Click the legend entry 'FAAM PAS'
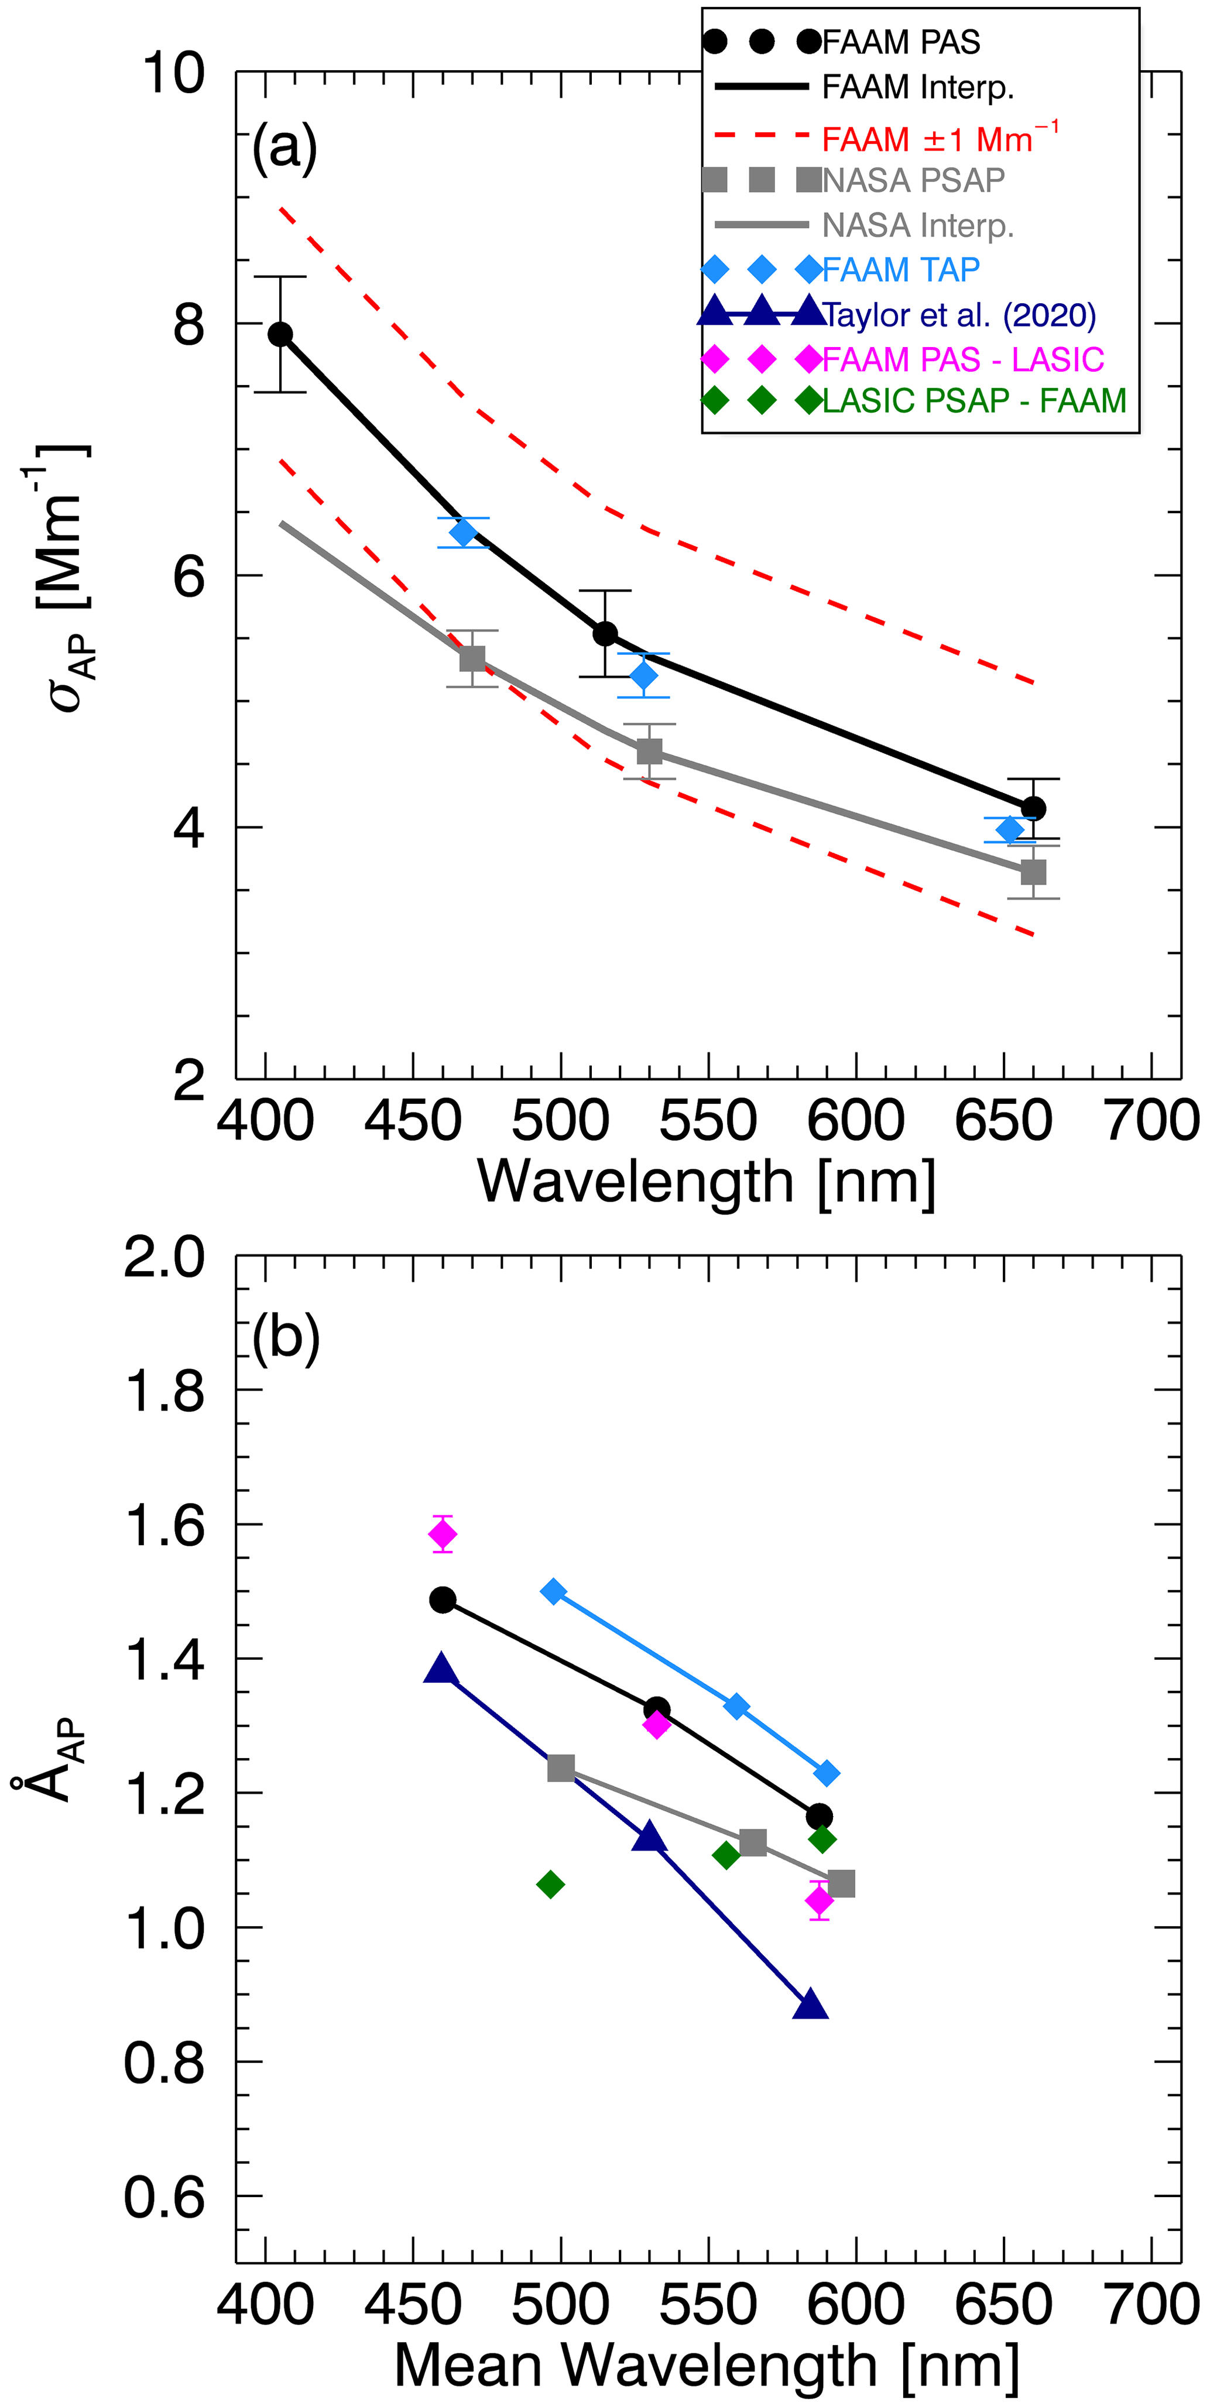click(x=901, y=42)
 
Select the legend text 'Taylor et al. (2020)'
click(x=959, y=315)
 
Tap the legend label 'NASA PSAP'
click(x=913, y=180)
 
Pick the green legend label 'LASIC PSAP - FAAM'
click(x=974, y=401)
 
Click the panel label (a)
click(x=284, y=147)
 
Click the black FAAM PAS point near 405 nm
click(x=280, y=334)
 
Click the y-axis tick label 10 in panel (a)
click(x=173, y=73)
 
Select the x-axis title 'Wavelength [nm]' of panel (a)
click(x=707, y=1182)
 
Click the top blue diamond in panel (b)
click(x=554, y=1591)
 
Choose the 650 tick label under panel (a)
click(x=1003, y=1121)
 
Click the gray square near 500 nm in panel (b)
click(x=561, y=1767)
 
